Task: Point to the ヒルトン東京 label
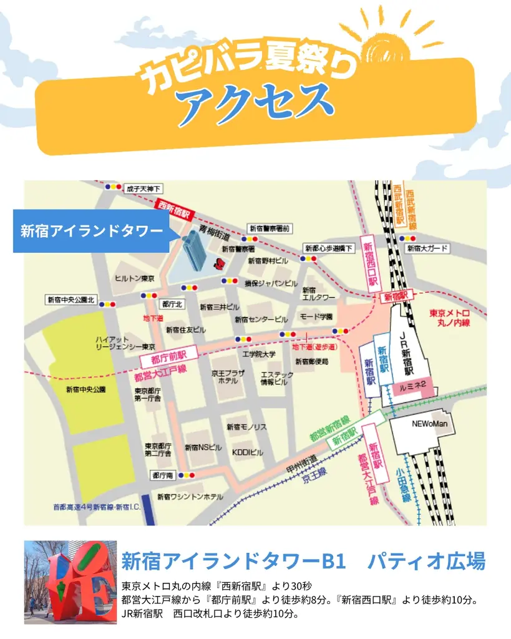click(x=135, y=278)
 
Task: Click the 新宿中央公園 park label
click(x=85, y=389)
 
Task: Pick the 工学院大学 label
click(x=259, y=354)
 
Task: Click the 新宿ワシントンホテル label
click(x=190, y=497)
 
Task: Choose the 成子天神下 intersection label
click(x=143, y=188)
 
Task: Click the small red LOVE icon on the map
click(x=219, y=261)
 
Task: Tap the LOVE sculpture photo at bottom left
click(x=71, y=582)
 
